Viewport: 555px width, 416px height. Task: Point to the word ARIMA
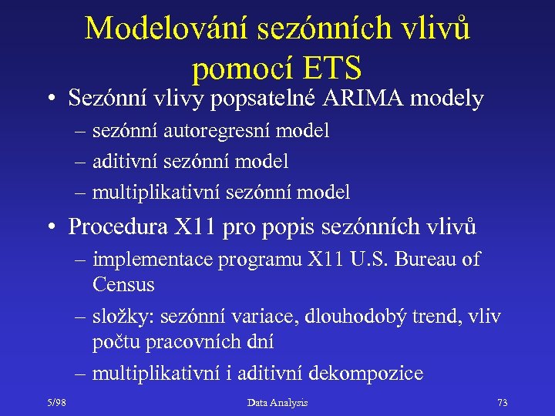[x=360, y=99]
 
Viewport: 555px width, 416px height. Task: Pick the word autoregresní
[x=197, y=132]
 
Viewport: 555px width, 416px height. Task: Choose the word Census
[x=123, y=285]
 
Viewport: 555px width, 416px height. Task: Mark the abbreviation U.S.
[x=360, y=260]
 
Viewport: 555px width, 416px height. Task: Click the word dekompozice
[x=365, y=374]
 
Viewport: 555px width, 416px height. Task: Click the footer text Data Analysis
[x=277, y=402]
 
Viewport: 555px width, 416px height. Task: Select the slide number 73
[x=503, y=402]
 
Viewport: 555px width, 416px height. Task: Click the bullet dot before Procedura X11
[x=51, y=228]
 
